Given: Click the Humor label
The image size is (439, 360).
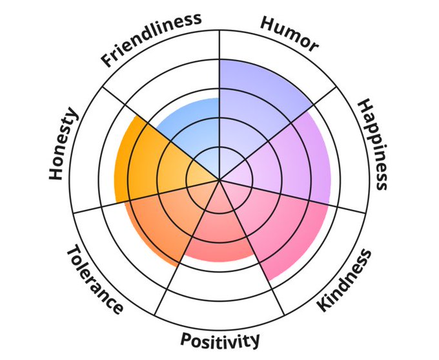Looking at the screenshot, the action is [x=289, y=32].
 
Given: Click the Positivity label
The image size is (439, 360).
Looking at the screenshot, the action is [x=219, y=340].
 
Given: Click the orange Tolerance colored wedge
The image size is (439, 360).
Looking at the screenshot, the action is [x=161, y=220].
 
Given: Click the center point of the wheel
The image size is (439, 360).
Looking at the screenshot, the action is [x=219, y=179].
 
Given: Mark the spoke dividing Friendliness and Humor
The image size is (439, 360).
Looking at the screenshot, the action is [x=219, y=78].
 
